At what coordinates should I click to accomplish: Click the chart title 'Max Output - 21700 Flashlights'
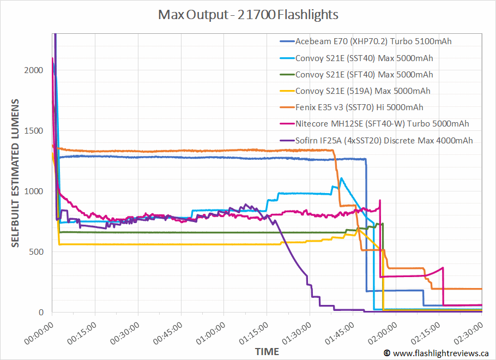point(248,14)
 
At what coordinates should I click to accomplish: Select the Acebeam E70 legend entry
point(373,41)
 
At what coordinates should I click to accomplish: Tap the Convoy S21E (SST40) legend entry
point(364,58)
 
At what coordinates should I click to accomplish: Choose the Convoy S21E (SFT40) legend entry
point(364,74)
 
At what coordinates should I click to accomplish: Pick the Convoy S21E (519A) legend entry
point(362,91)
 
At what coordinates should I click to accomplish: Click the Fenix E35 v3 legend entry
point(359,107)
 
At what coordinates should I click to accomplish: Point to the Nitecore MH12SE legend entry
point(382,124)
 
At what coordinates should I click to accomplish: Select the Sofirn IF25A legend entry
point(384,140)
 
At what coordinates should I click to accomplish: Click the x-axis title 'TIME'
point(267,351)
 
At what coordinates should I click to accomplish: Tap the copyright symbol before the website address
point(387,353)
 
